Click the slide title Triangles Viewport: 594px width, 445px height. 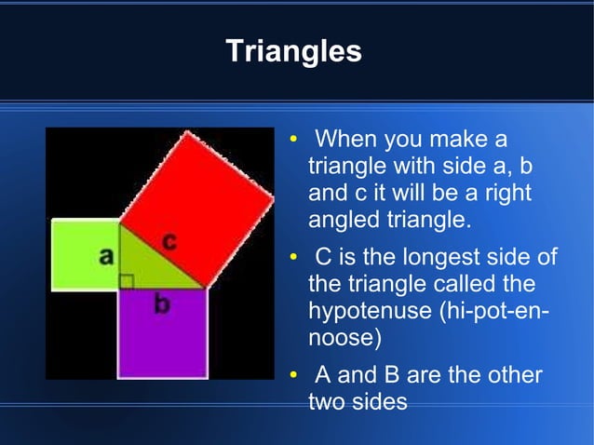point(293,51)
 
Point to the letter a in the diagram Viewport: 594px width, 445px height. point(107,255)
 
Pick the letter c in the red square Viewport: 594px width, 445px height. point(169,242)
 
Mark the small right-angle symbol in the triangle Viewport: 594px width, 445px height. point(127,281)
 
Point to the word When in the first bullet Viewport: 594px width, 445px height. point(350,141)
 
